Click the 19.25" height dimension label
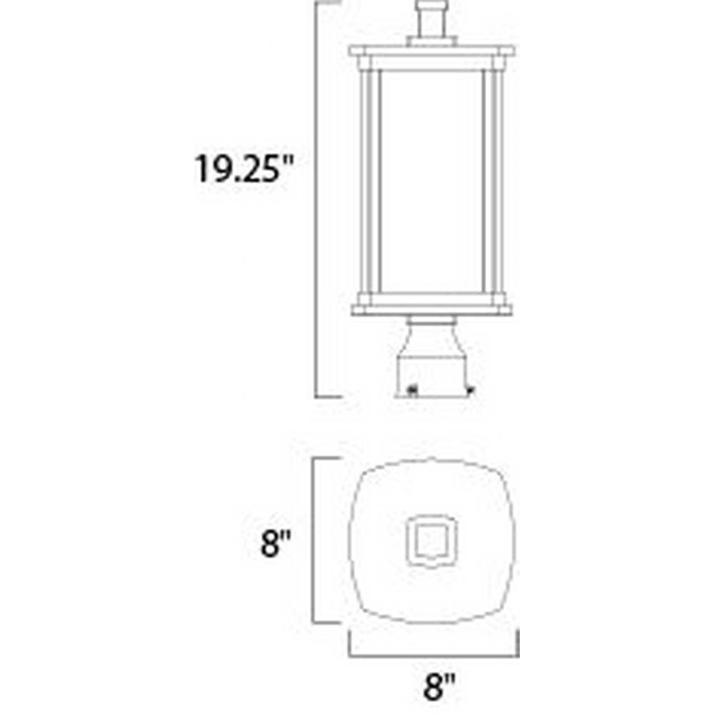click(244, 169)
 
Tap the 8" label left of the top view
click(275, 543)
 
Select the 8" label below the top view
click(439, 687)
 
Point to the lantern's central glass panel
click(431, 181)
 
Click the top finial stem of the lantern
click(431, 21)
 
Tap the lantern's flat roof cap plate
click(432, 51)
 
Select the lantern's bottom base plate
click(432, 310)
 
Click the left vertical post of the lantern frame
click(369, 181)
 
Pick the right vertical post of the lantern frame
click(495, 181)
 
